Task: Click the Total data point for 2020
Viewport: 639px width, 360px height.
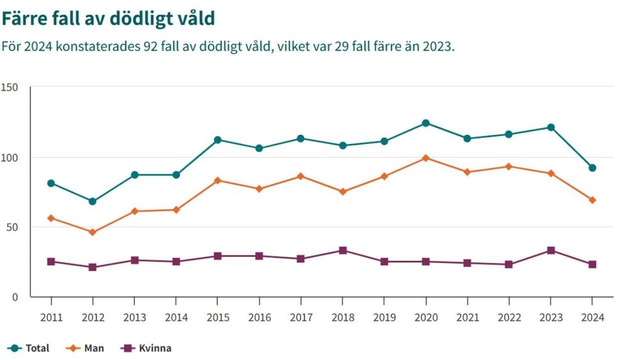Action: point(426,123)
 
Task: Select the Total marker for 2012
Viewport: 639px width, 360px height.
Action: point(93,201)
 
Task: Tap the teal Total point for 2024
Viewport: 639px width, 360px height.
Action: point(592,168)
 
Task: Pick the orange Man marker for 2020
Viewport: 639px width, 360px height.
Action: point(426,158)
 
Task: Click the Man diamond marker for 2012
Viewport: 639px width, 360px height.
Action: point(93,232)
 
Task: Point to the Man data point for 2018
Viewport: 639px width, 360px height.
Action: point(343,192)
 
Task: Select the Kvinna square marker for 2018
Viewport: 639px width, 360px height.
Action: point(343,250)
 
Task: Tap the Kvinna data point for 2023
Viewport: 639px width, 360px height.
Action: point(551,250)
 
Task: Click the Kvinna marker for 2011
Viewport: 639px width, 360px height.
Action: point(51,262)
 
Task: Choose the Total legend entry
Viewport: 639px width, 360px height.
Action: point(29,348)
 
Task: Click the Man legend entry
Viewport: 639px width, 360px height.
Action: point(85,348)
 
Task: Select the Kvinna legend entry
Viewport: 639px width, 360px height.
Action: point(146,348)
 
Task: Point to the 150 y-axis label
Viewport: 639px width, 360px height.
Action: point(10,87)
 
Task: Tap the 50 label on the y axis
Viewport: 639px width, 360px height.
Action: point(12,227)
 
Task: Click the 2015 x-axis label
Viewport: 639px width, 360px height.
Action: point(218,317)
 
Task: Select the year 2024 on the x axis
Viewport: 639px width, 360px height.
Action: point(592,317)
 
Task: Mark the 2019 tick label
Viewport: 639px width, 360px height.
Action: point(384,317)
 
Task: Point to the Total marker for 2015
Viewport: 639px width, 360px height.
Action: point(218,140)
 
